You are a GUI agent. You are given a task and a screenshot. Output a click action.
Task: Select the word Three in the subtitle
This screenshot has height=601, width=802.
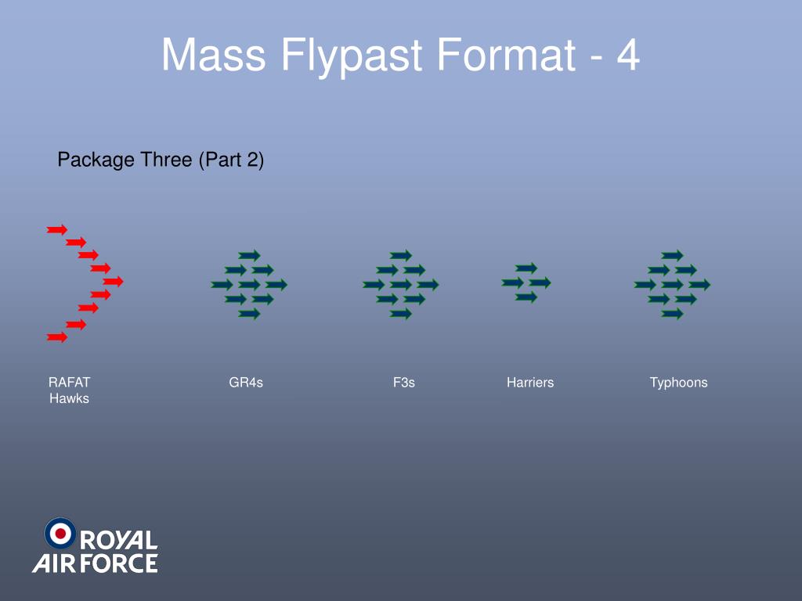[x=166, y=160]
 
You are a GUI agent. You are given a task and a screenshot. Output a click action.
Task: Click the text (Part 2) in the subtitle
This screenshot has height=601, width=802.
[x=231, y=160]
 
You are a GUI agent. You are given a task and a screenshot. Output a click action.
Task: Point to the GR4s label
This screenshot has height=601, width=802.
[x=246, y=383]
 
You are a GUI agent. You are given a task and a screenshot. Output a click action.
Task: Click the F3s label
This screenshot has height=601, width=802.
[x=404, y=383]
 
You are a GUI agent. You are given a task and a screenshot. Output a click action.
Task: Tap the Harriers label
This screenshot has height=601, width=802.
[x=530, y=383]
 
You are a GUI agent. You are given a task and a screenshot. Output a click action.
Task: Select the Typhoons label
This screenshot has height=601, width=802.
[x=678, y=383]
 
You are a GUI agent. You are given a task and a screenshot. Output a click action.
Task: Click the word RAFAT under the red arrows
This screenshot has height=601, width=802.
[x=70, y=383]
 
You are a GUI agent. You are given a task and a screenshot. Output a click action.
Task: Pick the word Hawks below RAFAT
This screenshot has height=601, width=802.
[x=70, y=398]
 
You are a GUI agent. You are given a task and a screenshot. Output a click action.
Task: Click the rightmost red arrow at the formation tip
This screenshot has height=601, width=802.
[x=113, y=281]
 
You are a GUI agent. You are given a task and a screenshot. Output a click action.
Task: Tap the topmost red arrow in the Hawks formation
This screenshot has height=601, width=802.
[x=56, y=229]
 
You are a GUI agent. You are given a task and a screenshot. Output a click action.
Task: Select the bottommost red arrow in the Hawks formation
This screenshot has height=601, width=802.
[x=56, y=337]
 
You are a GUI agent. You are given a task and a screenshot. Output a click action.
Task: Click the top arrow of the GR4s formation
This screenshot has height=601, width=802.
[x=249, y=255]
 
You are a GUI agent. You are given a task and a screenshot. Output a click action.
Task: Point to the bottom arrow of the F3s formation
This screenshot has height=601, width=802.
[x=400, y=314]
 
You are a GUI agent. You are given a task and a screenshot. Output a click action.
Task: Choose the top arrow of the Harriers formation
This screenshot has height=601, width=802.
[x=526, y=268]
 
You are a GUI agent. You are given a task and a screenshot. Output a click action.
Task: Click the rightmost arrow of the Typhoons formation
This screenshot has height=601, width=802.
[x=699, y=285]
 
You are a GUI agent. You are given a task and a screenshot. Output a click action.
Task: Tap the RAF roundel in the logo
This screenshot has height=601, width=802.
[x=60, y=533]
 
